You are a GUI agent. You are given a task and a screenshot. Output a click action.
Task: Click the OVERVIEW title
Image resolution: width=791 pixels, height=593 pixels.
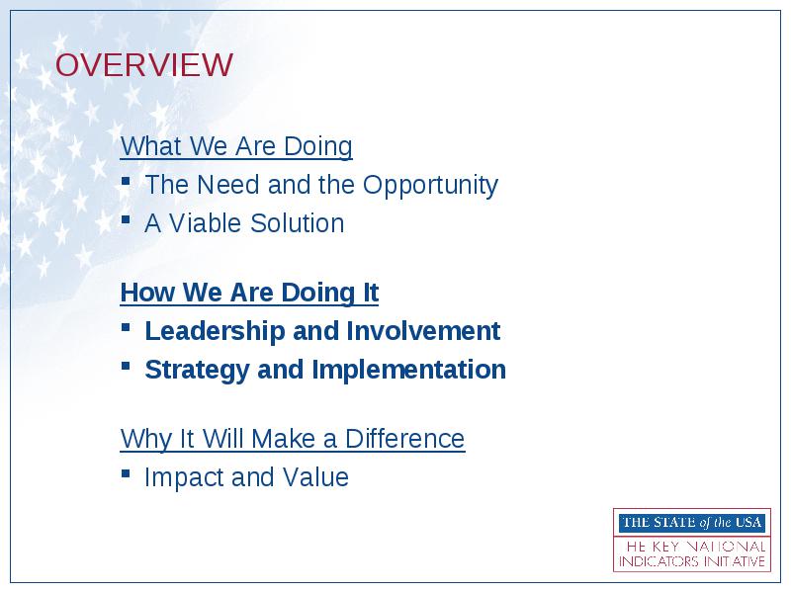click(143, 65)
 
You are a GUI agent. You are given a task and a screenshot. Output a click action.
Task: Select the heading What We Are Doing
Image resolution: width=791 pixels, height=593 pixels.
click(236, 146)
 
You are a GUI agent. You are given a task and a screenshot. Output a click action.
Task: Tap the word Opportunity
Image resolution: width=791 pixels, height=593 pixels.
click(430, 186)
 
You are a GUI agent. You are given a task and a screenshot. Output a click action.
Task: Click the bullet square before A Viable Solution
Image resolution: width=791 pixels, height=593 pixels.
click(127, 219)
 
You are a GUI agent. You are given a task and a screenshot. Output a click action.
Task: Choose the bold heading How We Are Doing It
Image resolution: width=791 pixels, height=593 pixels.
click(249, 293)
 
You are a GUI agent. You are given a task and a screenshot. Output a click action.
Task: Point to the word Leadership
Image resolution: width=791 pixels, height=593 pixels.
click(215, 331)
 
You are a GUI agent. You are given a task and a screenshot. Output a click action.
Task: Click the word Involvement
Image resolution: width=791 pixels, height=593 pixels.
click(423, 331)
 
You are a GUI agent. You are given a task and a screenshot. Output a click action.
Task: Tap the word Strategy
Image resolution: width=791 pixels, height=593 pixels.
click(197, 370)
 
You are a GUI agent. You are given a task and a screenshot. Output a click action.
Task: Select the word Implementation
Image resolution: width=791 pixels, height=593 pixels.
click(409, 370)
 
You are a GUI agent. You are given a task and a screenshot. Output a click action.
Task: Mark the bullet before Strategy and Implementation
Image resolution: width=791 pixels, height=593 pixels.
click(127, 366)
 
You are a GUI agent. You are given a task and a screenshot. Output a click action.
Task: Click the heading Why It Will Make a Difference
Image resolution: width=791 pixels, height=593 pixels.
click(293, 439)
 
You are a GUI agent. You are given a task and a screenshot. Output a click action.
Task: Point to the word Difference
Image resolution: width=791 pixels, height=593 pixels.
click(404, 438)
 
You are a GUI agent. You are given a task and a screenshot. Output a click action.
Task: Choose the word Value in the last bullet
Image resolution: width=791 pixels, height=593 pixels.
click(315, 477)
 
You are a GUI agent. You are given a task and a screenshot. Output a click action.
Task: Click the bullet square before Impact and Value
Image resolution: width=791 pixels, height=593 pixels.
click(127, 473)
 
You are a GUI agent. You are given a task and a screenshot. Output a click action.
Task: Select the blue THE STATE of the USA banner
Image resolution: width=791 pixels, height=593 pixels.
click(691, 523)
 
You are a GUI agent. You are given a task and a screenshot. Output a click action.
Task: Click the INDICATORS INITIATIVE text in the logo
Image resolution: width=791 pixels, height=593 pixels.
click(691, 561)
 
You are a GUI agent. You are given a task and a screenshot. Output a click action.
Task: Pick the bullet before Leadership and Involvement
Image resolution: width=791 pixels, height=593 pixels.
click(127, 328)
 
